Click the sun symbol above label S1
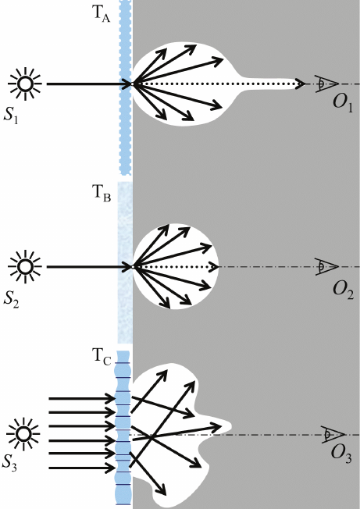coord(25,84)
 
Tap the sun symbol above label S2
coord(25,267)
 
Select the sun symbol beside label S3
coord(23,434)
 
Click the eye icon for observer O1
coord(326,84)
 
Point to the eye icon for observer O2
coord(326,267)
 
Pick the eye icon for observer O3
coord(333,434)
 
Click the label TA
coord(101,13)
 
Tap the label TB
coord(102,194)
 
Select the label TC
coord(102,357)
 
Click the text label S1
coord(11,116)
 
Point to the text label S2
coord(11,299)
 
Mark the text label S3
coord(9,463)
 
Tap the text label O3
coord(341,454)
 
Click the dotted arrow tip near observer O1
coord(303,84)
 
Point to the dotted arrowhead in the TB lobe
coord(216,267)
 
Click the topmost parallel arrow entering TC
coord(82,398)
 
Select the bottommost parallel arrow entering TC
coord(82,468)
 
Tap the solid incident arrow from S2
coord(88,267)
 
